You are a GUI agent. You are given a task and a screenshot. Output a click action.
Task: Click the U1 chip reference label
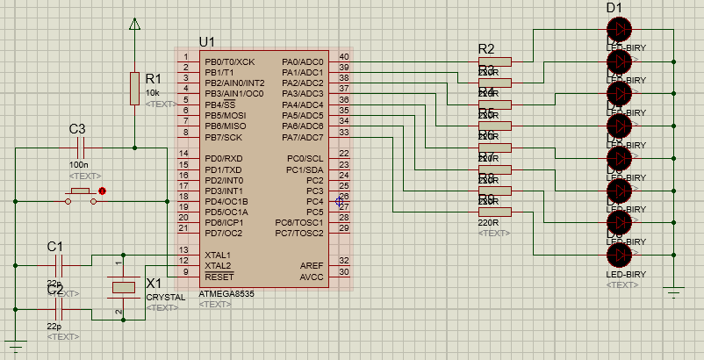207,41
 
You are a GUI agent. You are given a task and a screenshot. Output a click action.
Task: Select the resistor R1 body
134,89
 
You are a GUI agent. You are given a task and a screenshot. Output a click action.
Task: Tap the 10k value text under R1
153,92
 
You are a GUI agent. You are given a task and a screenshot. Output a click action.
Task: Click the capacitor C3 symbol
77,148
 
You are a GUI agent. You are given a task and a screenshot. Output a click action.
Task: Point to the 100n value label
79,164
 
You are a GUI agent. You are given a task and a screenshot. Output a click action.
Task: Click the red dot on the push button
103,191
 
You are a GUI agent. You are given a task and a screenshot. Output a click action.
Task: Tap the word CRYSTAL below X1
165,297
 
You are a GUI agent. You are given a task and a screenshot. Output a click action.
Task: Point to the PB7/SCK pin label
223,137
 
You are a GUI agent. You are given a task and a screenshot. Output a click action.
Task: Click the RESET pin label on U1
219,276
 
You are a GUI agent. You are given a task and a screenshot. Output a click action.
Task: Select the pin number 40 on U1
343,57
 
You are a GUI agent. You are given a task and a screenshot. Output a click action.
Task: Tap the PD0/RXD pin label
223,159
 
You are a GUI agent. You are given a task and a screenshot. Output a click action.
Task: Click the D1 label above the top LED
614,8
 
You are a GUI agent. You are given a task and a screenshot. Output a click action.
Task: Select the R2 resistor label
485,48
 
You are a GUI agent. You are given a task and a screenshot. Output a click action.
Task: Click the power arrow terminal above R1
134,25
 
